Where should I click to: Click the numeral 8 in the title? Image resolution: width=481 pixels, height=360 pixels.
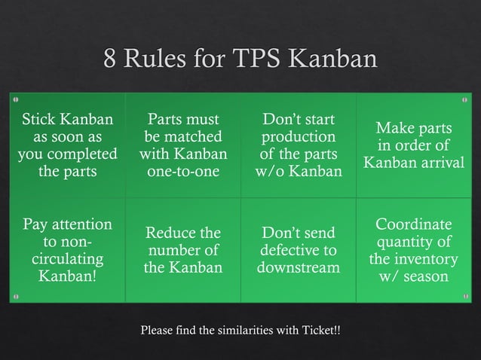click(x=111, y=59)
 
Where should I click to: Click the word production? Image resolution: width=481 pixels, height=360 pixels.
click(x=299, y=137)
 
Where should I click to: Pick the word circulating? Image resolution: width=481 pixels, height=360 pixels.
click(x=69, y=260)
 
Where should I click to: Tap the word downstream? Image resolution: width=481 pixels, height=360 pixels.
click(x=299, y=268)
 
